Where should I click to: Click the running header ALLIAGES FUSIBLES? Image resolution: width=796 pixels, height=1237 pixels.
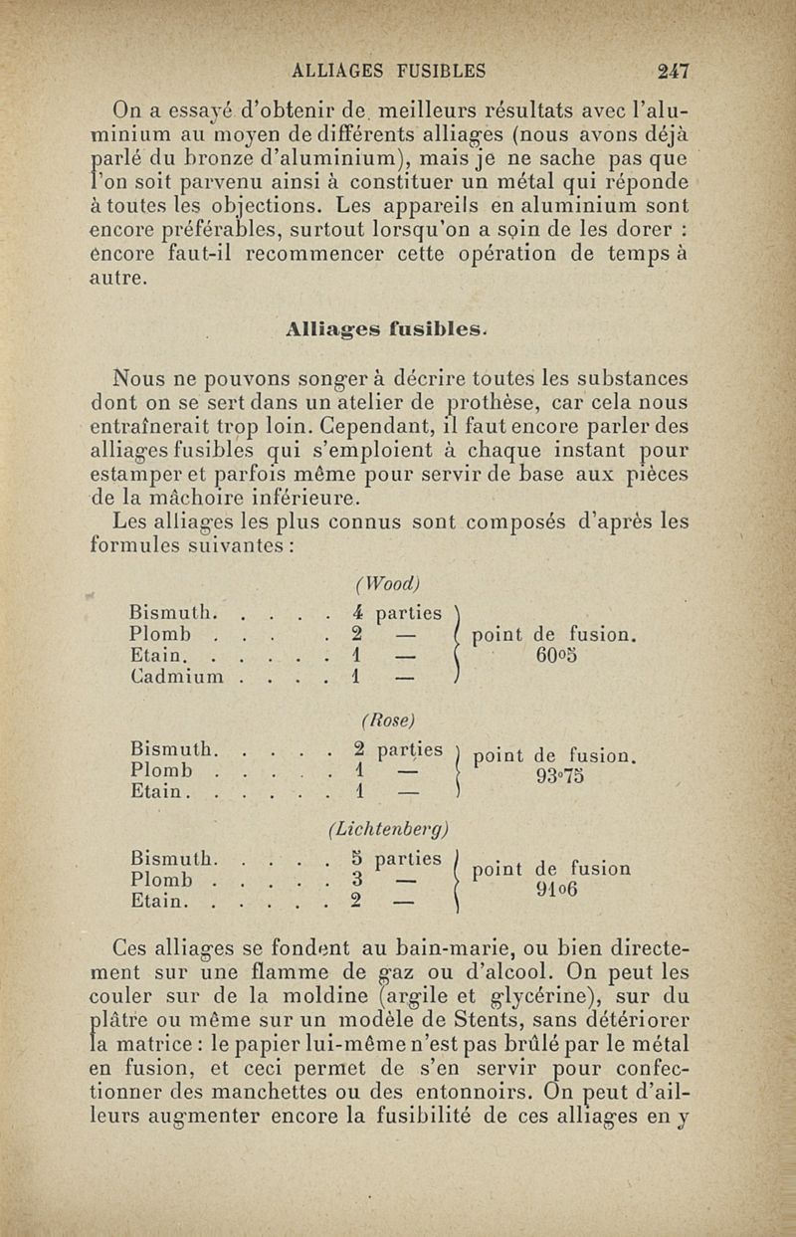pyautogui.click(x=386, y=71)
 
